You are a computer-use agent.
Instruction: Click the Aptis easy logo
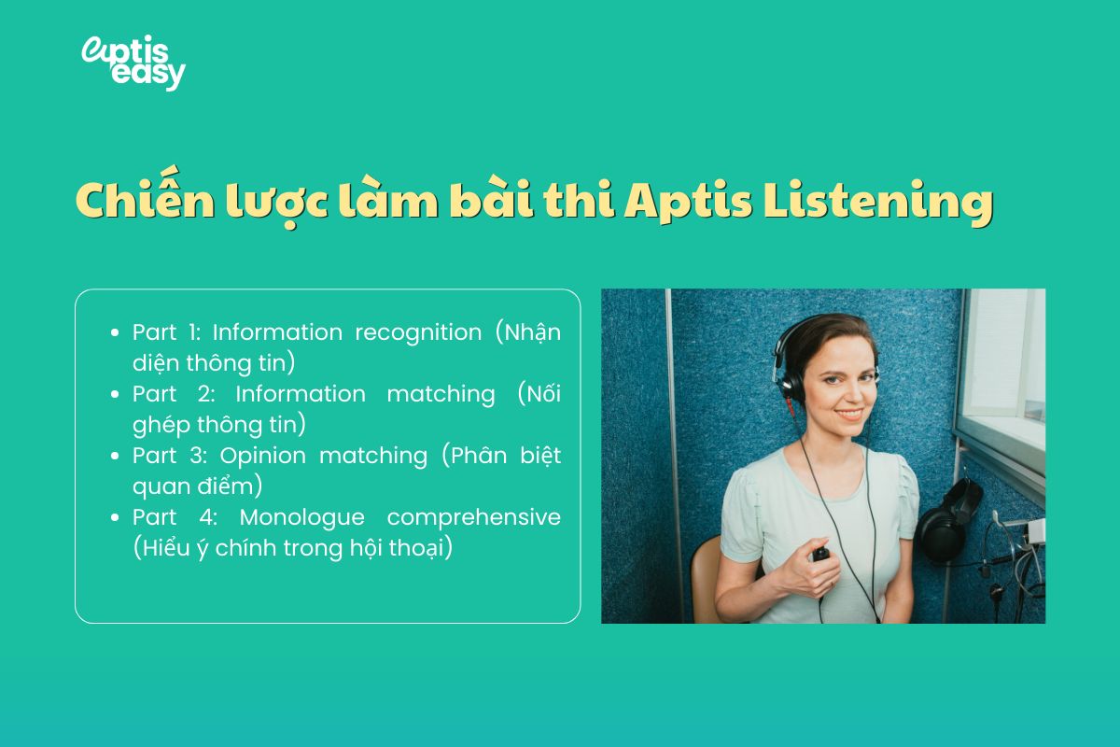tap(133, 63)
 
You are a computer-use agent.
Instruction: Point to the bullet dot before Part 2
tap(114, 394)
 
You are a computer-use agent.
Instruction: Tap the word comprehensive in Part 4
tap(474, 517)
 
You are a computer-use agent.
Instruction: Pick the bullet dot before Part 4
tap(114, 517)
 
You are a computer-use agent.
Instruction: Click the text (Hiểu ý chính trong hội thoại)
tap(293, 548)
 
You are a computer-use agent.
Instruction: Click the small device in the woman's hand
tap(821, 554)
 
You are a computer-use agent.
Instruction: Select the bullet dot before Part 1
tap(114, 332)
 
